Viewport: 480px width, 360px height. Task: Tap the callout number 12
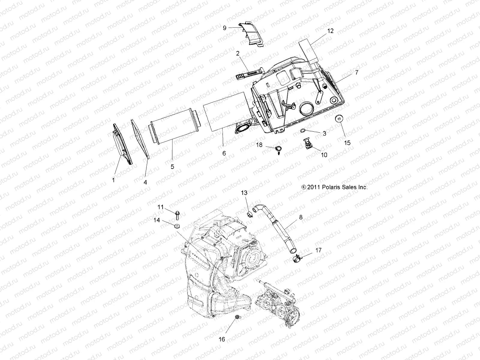(x=330, y=31)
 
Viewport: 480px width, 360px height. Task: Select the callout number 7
(x=356, y=73)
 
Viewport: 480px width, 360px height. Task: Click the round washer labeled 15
(x=339, y=119)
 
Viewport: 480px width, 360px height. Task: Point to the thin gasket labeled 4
(x=140, y=138)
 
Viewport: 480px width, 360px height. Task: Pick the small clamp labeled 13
(x=250, y=214)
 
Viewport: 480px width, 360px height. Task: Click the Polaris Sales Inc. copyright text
(x=334, y=187)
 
